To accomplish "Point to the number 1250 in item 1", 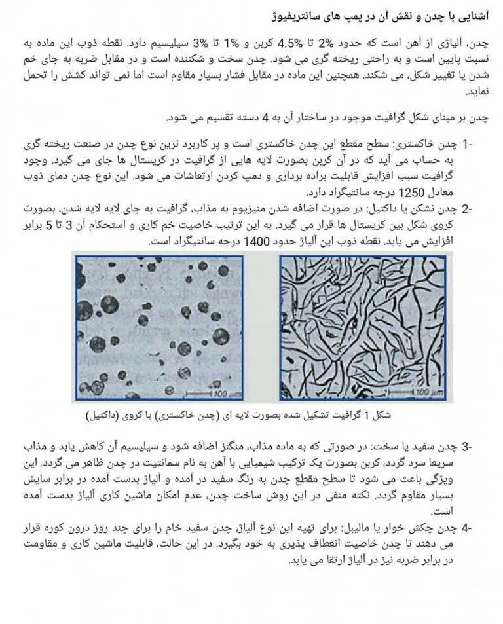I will [341, 193].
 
